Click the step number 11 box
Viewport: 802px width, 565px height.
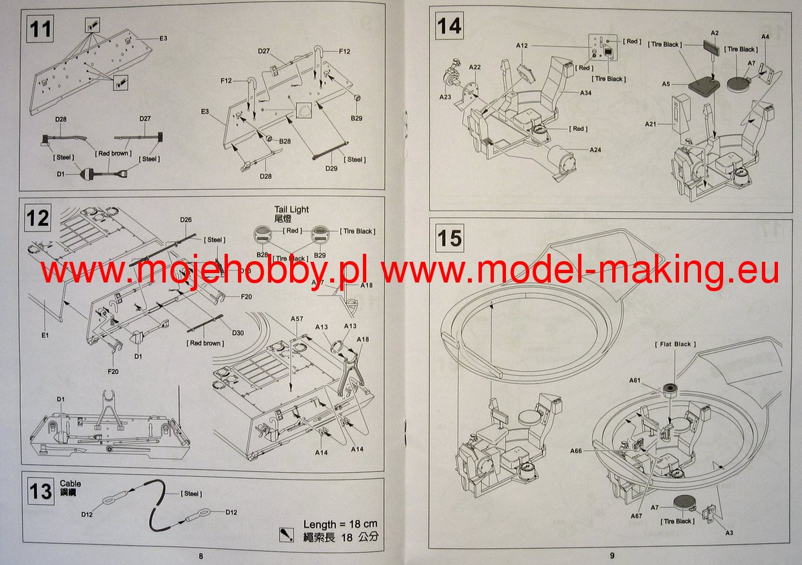[41, 29]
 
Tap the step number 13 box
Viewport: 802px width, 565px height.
[41, 492]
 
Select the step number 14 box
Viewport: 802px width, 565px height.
[449, 27]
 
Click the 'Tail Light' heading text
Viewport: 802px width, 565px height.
[291, 209]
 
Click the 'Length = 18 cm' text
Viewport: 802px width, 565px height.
[340, 524]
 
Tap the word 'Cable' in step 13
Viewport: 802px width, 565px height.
[70, 483]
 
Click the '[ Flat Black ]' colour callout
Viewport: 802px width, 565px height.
[674, 344]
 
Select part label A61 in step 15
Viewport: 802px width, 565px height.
[634, 380]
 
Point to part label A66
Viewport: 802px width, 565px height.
[577, 451]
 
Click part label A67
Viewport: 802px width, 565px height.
[636, 516]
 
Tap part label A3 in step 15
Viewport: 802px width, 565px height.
[728, 532]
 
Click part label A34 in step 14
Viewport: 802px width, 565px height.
[585, 92]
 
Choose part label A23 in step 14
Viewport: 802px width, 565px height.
[445, 97]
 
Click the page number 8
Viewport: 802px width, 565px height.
[200, 556]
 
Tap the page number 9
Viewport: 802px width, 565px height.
[611, 556]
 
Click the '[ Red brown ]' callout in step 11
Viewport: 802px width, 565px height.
[112, 154]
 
